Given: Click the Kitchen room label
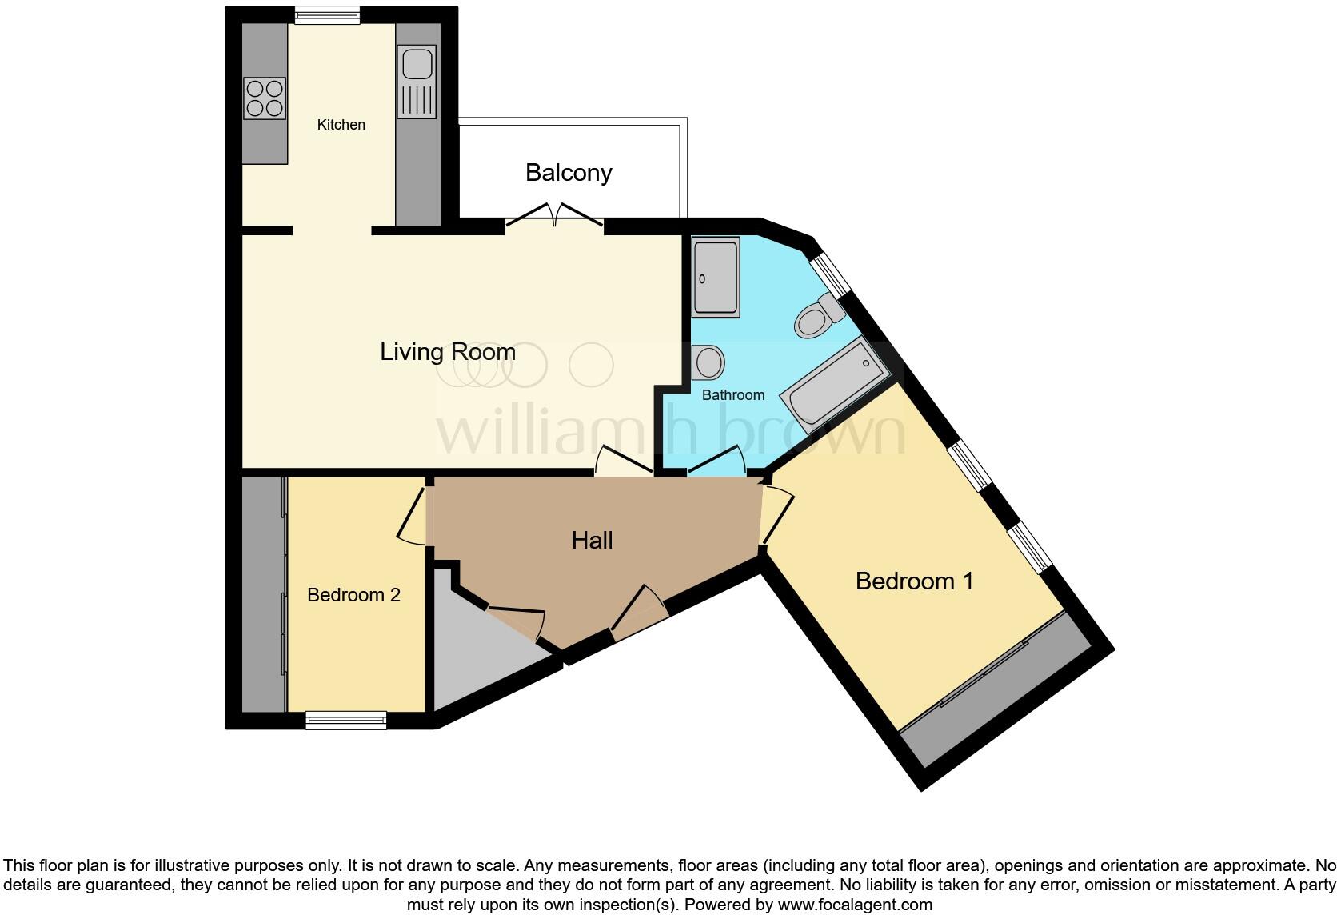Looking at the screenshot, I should point(341,125).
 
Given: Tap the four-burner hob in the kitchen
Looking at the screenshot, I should point(265,98).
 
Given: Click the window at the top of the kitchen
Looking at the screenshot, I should point(326,15).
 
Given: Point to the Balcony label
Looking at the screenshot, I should point(569,173).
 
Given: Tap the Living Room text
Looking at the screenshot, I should point(447,352).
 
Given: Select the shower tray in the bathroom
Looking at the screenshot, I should point(715,276).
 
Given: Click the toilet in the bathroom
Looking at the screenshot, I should point(818,317).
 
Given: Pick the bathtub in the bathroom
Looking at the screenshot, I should point(835,384).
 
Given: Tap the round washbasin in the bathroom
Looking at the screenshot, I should point(708,362).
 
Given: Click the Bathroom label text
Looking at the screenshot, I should point(732,395).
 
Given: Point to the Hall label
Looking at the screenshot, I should point(592,541).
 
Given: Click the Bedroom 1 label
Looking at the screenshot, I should point(914,581).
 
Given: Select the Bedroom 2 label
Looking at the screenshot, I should point(353,595).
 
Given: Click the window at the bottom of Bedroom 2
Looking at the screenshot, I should point(346,721).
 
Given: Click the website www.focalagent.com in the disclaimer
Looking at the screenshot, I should point(855,905).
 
